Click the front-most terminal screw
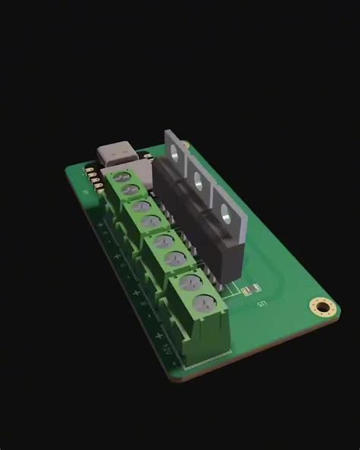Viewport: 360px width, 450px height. coord(203,304)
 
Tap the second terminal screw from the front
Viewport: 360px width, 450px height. coord(191,284)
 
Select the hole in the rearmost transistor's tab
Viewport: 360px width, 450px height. coord(177,152)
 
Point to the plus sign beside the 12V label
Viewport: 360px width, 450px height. coord(158,334)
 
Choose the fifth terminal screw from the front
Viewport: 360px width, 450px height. coord(151,221)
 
